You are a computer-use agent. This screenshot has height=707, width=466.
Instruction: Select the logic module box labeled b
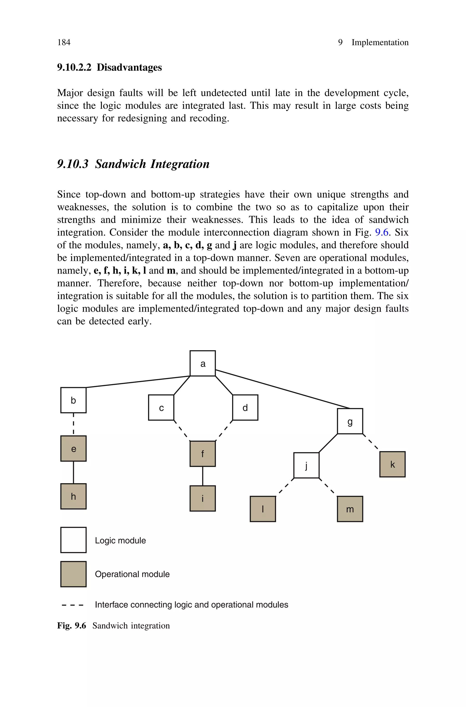point(73,400)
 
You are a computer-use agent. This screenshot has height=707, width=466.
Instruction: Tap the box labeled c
point(161,407)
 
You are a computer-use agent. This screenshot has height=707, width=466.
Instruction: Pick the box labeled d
point(245,407)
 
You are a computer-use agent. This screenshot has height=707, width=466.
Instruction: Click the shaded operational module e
point(73,448)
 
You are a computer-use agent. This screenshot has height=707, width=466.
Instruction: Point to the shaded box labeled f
point(203,454)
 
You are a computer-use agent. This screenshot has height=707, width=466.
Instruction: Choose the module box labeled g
point(350,421)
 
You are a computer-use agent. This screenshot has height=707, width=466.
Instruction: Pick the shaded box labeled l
point(263,509)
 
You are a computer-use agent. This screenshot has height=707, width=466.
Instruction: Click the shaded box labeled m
point(350,509)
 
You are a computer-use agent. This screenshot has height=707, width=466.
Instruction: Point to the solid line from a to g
point(282,389)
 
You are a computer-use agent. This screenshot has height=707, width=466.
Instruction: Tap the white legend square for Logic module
point(73,540)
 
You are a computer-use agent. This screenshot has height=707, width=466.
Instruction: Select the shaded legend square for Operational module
point(73,574)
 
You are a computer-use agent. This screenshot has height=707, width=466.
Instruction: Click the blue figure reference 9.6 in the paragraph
point(382,232)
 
